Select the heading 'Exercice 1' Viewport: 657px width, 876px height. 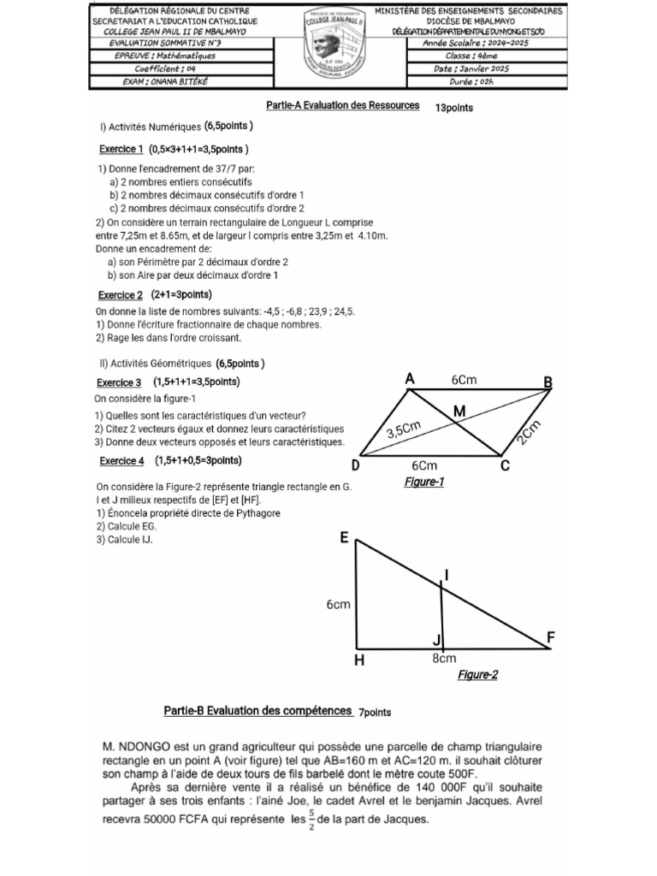(x=120, y=149)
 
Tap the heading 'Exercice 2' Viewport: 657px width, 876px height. (x=120, y=295)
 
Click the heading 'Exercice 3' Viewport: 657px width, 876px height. (x=119, y=382)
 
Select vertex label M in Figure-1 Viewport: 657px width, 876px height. (x=459, y=411)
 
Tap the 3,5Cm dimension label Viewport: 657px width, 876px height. (x=405, y=429)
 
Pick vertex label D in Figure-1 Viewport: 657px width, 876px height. (x=355, y=466)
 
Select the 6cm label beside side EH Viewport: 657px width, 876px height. (x=339, y=605)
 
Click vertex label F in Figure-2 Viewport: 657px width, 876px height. (x=552, y=637)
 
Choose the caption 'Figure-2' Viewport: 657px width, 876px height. (x=477, y=675)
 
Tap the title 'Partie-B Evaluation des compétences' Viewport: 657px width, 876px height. (x=257, y=711)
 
